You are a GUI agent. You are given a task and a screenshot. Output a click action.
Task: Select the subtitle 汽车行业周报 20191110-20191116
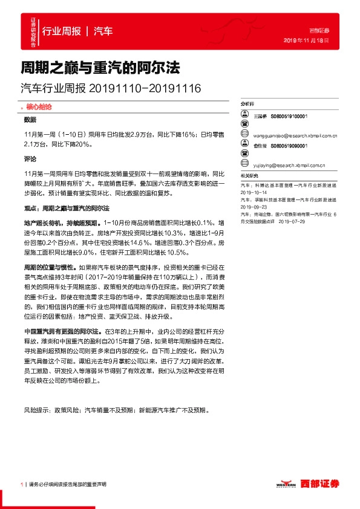click(111, 88)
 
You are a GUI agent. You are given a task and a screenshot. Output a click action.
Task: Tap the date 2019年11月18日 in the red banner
click(306, 40)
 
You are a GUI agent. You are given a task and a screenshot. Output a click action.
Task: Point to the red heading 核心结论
click(38, 106)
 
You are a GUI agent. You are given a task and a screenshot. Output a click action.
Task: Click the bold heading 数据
click(30, 120)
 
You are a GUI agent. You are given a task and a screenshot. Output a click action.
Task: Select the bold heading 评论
click(30, 158)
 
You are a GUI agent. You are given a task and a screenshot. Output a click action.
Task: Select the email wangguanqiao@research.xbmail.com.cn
click(290, 137)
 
